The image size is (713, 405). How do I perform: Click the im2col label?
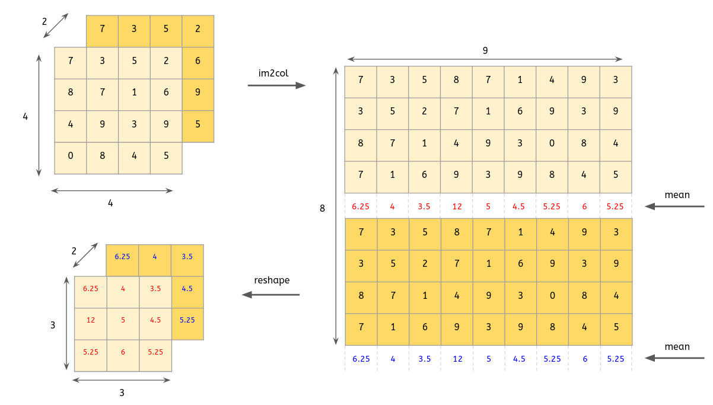[273, 73]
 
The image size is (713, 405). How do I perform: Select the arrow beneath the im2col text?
[276, 86]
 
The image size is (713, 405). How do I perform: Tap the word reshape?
[272, 280]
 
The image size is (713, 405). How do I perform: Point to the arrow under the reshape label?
[270, 295]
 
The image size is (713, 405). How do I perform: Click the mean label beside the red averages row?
[677, 195]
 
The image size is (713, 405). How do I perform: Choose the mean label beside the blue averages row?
[677, 347]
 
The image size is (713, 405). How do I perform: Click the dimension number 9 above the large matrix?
[485, 51]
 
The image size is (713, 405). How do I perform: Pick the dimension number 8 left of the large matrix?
[323, 209]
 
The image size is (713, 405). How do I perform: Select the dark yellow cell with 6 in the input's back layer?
[198, 61]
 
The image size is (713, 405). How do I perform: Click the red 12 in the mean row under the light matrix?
[456, 207]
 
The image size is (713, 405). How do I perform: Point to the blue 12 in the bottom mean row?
[456, 359]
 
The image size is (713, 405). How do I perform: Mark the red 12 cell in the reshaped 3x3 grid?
[91, 320]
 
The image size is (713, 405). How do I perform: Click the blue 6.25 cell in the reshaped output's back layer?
[122, 257]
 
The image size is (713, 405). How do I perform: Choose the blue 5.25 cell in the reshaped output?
[187, 320]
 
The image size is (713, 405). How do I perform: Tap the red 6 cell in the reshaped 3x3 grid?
[123, 352]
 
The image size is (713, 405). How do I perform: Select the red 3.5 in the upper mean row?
[424, 207]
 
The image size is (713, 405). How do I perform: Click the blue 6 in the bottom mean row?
[584, 359]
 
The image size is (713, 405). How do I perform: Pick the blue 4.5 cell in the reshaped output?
[187, 289]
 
